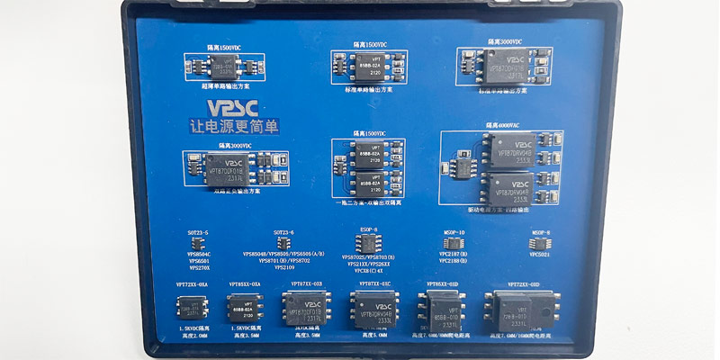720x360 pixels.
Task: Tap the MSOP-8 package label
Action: pos(541,232)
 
